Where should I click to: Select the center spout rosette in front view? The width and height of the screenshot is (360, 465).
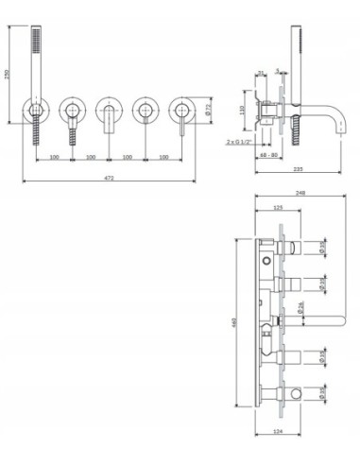[x=109, y=112]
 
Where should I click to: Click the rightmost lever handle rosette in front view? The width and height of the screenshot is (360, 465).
[x=181, y=112]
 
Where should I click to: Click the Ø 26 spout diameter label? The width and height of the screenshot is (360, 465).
[x=300, y=306]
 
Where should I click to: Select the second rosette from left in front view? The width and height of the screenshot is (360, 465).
[x=73, y=112]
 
